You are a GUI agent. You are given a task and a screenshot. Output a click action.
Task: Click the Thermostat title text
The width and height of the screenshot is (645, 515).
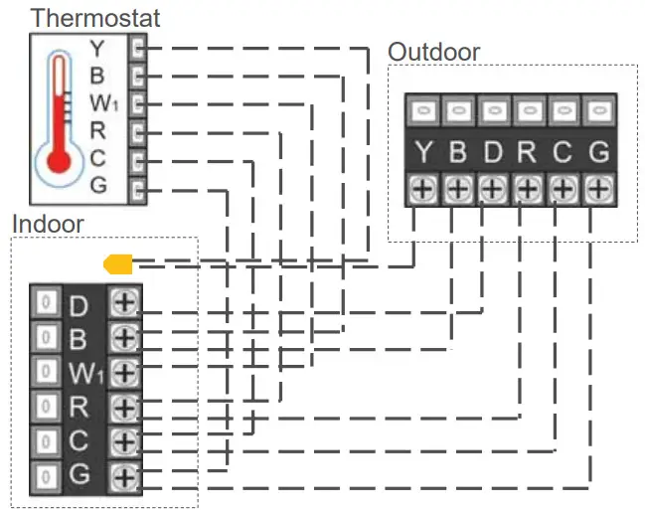[95, 18]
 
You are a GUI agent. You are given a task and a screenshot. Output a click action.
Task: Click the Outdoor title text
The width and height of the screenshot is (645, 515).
[433, 52]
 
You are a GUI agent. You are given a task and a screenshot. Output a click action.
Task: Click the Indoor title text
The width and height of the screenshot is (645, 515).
[48, 223]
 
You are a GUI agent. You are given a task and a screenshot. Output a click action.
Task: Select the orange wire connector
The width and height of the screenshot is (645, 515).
[118, 264]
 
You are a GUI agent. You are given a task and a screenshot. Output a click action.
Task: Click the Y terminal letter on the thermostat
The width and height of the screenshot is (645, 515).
[96, 47]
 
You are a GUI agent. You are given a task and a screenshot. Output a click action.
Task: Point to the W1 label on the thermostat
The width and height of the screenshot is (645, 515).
[102, 101]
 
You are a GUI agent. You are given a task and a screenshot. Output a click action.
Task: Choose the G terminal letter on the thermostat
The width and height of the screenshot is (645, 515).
[96, 184]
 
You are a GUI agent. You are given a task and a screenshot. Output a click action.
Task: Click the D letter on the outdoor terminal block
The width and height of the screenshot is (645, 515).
[493, 152]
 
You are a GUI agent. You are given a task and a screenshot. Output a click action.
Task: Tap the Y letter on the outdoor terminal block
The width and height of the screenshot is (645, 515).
[424, 152]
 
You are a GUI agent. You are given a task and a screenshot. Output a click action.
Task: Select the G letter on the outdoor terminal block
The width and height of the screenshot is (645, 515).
[597, 152]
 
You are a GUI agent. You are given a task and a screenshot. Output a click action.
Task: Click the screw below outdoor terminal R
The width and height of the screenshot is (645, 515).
[528, 187]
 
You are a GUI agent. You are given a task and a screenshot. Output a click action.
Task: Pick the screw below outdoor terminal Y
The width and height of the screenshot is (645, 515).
[424, 187]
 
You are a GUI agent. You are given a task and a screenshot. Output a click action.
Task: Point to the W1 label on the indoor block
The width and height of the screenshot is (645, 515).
[84, 373]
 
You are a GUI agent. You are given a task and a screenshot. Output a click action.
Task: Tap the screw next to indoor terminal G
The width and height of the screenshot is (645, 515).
[124, 475]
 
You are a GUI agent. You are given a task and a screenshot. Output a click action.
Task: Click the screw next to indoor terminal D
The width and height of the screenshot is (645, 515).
[124, 302]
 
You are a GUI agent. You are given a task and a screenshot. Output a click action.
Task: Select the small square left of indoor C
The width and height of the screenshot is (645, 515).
[44, 440]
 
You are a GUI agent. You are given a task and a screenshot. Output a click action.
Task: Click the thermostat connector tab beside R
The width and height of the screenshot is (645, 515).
[138, 129]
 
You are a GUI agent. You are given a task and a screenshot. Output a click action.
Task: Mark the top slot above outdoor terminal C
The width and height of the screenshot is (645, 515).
[563, 108]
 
